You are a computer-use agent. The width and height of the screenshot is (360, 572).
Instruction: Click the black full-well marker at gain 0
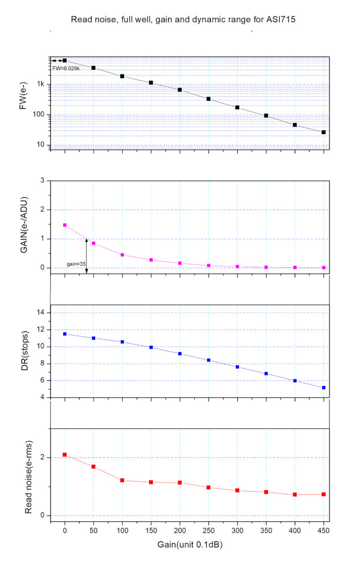65,61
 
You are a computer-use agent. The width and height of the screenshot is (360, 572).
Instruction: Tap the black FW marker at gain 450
323,132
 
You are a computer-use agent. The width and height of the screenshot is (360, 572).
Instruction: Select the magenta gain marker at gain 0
65,225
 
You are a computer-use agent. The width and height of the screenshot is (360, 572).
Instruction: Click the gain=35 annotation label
76,264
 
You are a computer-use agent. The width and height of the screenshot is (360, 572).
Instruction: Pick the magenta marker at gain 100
122,255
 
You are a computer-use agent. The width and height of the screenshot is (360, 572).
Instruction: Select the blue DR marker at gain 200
180,354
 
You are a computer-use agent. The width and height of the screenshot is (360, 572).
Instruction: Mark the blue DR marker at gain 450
323,388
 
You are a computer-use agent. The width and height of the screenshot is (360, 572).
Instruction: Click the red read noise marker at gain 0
65,454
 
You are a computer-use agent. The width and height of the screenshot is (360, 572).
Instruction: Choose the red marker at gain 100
122,480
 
